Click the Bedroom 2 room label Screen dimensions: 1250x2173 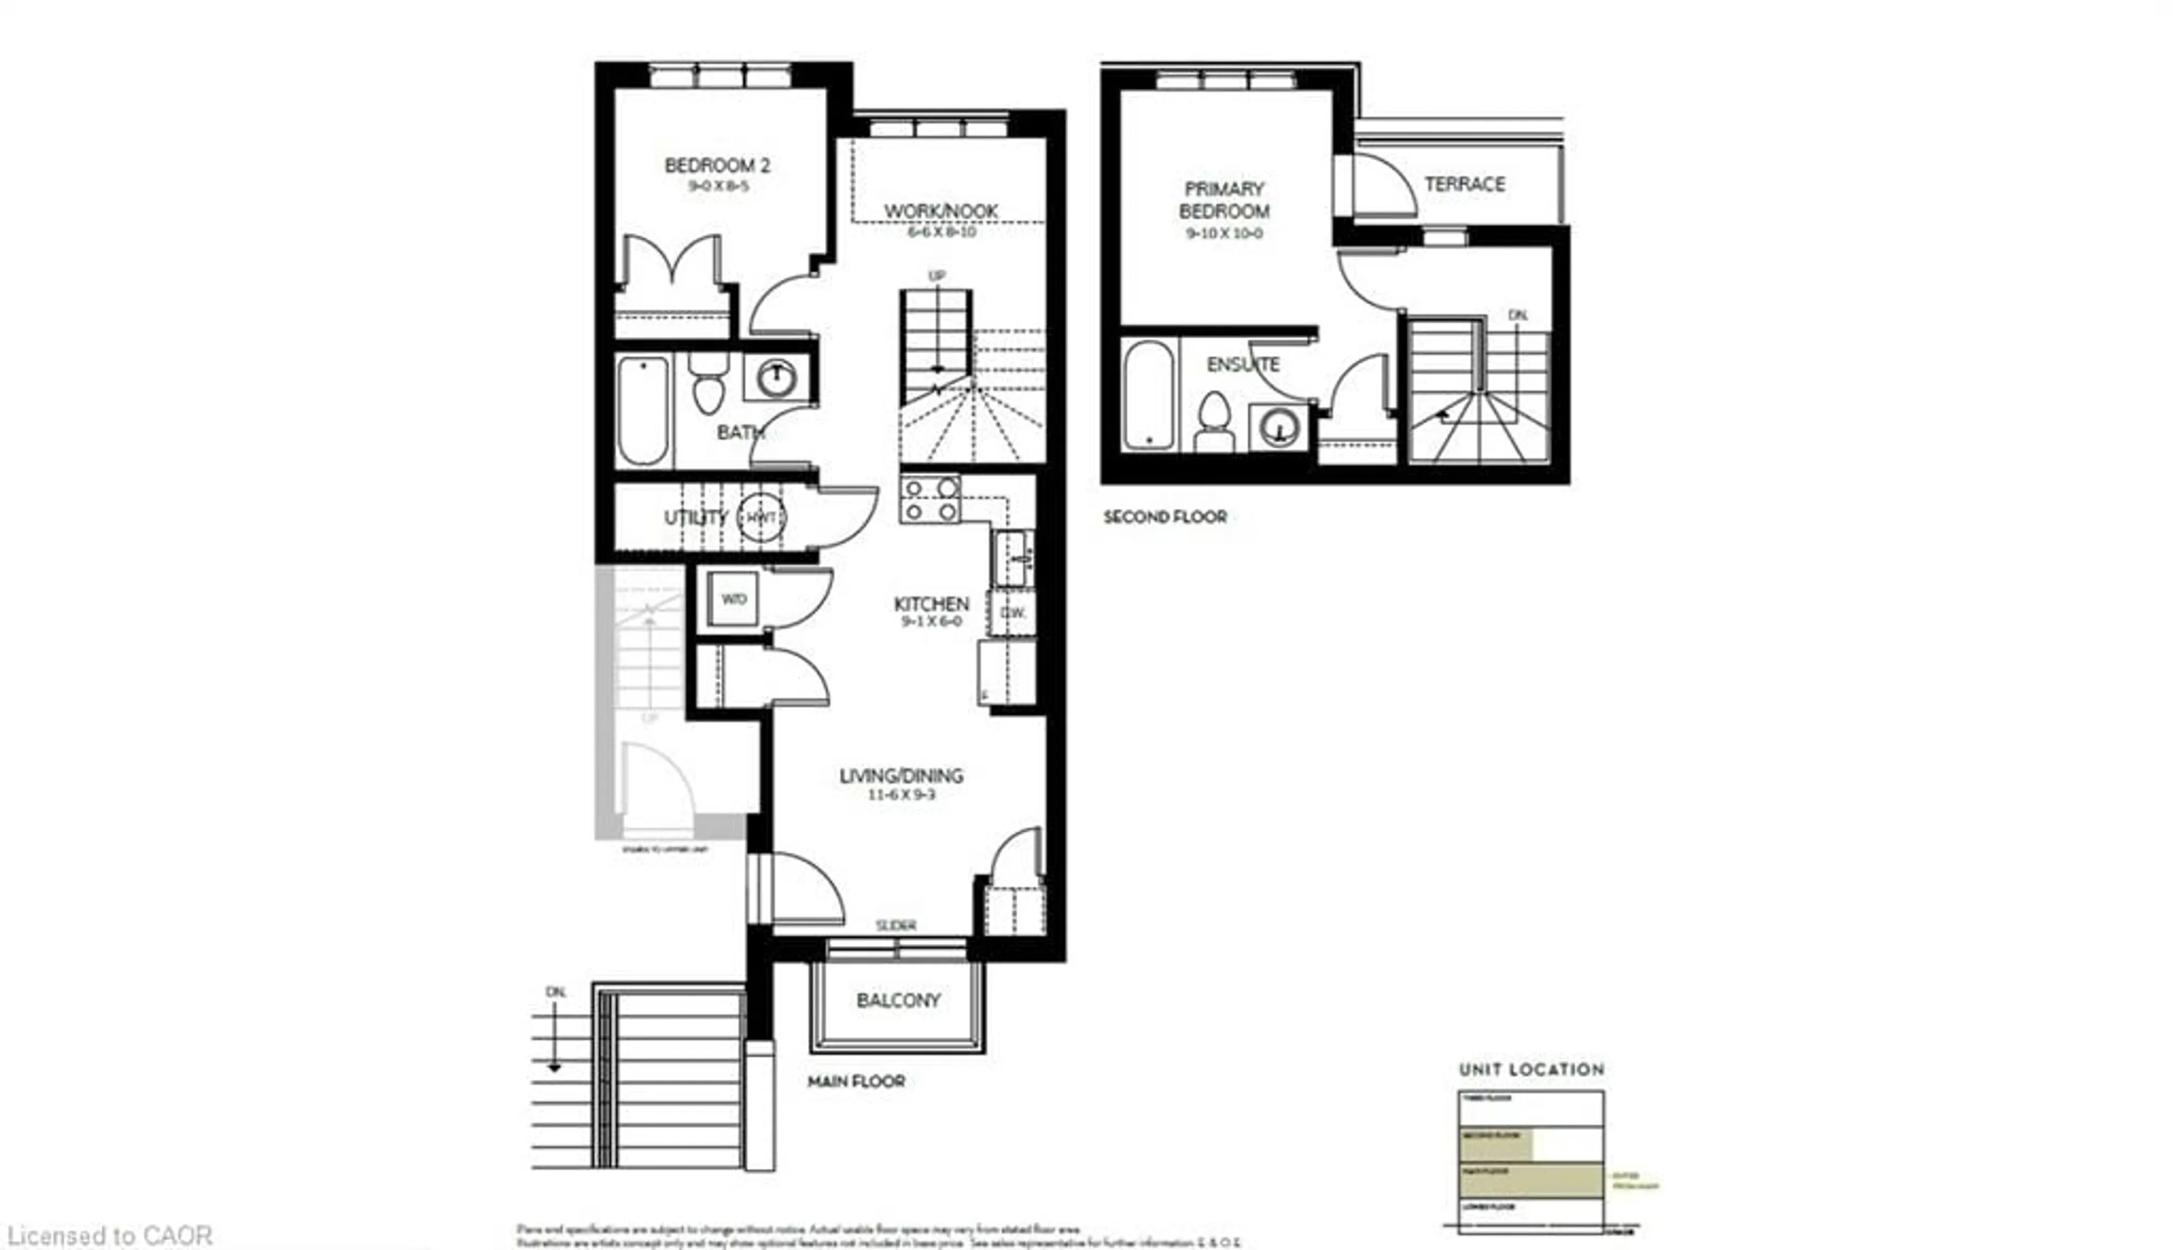point(717,165)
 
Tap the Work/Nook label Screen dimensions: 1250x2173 point(941,211)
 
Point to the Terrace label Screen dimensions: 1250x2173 point(1464,184)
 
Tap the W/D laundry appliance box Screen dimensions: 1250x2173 point(733,598)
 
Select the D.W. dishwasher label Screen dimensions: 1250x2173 point(1013,612)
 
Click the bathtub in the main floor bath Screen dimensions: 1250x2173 point(642,410)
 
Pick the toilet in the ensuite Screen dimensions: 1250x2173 point(1214,420)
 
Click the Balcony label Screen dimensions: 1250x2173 point(898,1000)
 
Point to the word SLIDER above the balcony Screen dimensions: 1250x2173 point(895,925)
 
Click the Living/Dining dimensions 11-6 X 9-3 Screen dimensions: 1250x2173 point(901,795)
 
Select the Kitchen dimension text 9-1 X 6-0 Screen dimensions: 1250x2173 point(931,621)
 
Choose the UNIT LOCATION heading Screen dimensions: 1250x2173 point(1531,1069)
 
